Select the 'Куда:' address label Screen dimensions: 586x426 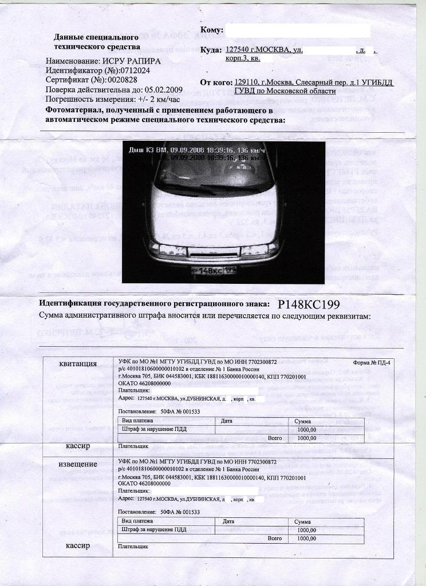coord(211,50)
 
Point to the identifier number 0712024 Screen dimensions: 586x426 coord(132,71)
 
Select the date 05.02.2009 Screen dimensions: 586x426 coord(163,90)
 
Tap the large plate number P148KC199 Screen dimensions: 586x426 coord(311,304)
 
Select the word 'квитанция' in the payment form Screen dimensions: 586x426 coord(78,364)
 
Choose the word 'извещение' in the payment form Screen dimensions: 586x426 coord(78,464)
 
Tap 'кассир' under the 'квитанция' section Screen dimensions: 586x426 coord(78,445)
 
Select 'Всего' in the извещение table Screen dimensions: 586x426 coord(275,539)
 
